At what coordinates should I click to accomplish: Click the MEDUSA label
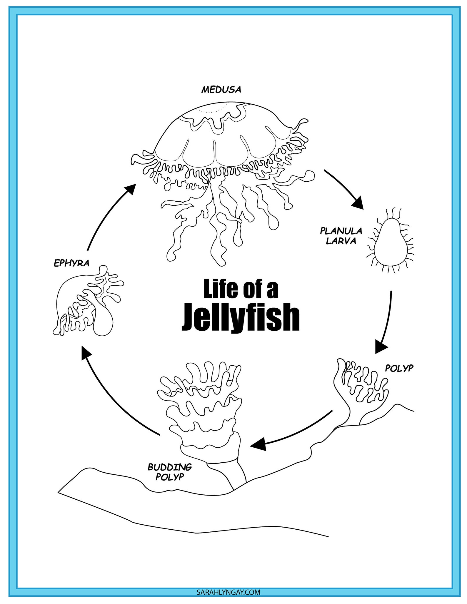coord(221,89)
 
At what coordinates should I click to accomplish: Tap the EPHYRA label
coord(71,263)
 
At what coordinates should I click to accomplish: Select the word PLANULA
coord(341,231)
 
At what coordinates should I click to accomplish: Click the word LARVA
coord(341,241)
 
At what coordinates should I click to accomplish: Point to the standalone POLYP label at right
coord(399,368)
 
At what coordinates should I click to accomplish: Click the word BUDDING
coord(170,467)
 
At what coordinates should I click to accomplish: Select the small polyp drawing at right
coord(362,388)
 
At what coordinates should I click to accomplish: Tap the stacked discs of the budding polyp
coord(203,411)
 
